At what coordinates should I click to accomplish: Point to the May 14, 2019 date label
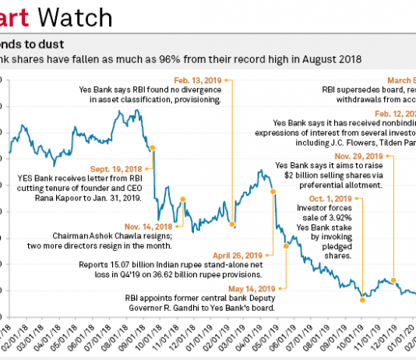pos(249,288)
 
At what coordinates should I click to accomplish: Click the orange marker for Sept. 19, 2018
pos(152,146)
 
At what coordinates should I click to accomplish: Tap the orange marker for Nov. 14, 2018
pos(182,199)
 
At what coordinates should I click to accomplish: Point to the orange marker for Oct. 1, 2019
pos(362,298)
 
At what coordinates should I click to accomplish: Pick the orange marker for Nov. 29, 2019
pos(393,281)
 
